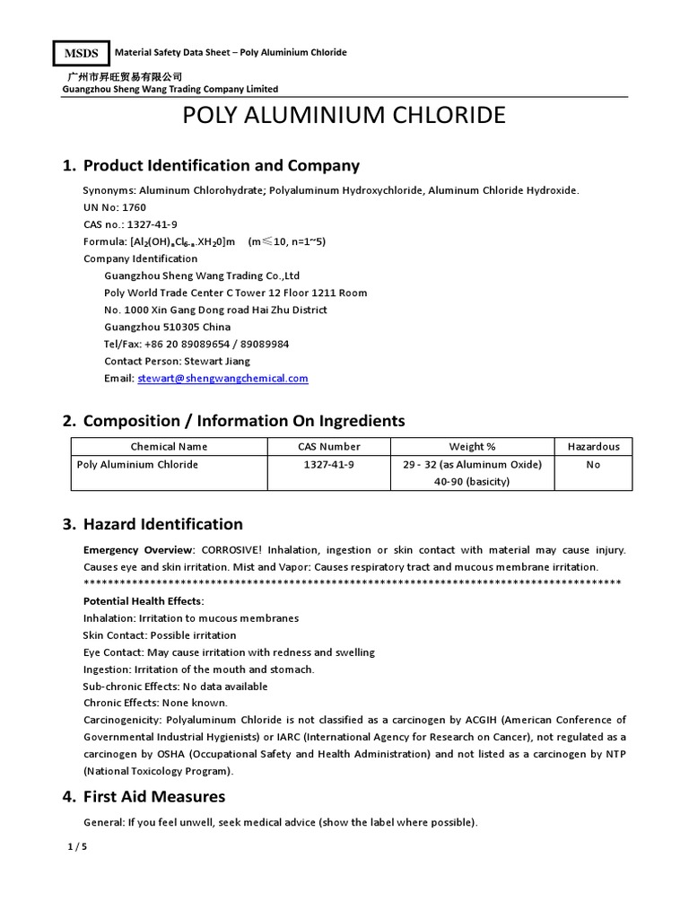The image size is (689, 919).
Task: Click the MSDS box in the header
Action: click(x=81, y=53)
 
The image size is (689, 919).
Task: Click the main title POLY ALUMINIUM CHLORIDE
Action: click(x=344, y=116)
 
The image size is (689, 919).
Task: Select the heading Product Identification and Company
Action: click(x=221, y=165)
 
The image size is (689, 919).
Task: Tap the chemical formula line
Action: click(x=204, y=241)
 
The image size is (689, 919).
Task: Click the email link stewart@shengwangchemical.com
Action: click(x=222, y=379)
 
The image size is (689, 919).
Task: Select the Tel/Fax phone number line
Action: click(x=196, y=344)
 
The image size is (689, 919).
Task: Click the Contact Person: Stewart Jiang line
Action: click(x=177, y=361)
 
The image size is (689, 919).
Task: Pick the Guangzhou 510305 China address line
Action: click(x=167, y=327)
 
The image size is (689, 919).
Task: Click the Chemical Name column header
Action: click(x=169, y=446)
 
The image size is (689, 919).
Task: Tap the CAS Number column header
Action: click(x=329, y=446)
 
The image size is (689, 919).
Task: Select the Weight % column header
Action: click(x=472, y=446)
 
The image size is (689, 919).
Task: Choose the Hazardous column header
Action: click(x=593, y=446)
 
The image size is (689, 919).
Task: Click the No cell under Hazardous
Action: click(x=593, y=465)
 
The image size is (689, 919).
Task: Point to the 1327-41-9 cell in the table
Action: click(x=329, y=465)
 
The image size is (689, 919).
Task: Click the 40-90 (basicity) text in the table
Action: click(x=472, y=481)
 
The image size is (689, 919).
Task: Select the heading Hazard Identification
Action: click(x=162, y=524)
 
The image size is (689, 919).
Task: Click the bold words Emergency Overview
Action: click(x=138, y=549)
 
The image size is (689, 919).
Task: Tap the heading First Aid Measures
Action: click(x=153, y=797)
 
